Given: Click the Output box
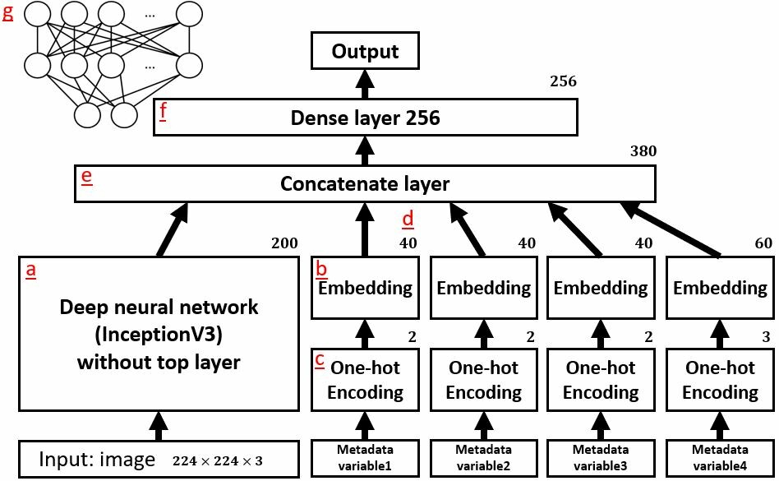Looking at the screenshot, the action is tap(365, 51).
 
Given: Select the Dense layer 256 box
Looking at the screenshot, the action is tap(366, 118).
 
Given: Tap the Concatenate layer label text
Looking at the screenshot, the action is tap(365, 184).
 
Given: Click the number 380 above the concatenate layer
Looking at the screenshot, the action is tap(643, 151).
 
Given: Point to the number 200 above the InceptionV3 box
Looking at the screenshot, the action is tap(284, 243).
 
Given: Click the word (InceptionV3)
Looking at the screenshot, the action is tap(159, 335).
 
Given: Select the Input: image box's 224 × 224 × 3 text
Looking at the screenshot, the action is tap(218, 461).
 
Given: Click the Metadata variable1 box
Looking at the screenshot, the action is tap(365, 458).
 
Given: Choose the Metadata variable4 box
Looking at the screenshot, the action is tap(720, 458).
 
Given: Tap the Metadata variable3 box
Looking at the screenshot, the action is tap(601, 458).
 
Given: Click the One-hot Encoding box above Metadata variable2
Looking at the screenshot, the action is tap(484, 380).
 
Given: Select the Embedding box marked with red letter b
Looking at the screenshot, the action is tap(365, 288).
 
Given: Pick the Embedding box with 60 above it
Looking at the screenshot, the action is tap(720, 288).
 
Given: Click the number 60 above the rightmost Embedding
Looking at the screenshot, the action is tap(763, 243).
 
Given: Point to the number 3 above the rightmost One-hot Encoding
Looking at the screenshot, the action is tap(766, 337).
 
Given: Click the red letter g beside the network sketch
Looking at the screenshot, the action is tap(8, 12).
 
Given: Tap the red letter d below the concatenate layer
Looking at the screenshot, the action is tap(408, 219).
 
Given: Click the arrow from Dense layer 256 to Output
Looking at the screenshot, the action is tap(365, 84).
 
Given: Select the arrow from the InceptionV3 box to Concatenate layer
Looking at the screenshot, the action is tap(173, 229).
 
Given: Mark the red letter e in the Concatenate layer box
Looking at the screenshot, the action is tap(86, 177).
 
